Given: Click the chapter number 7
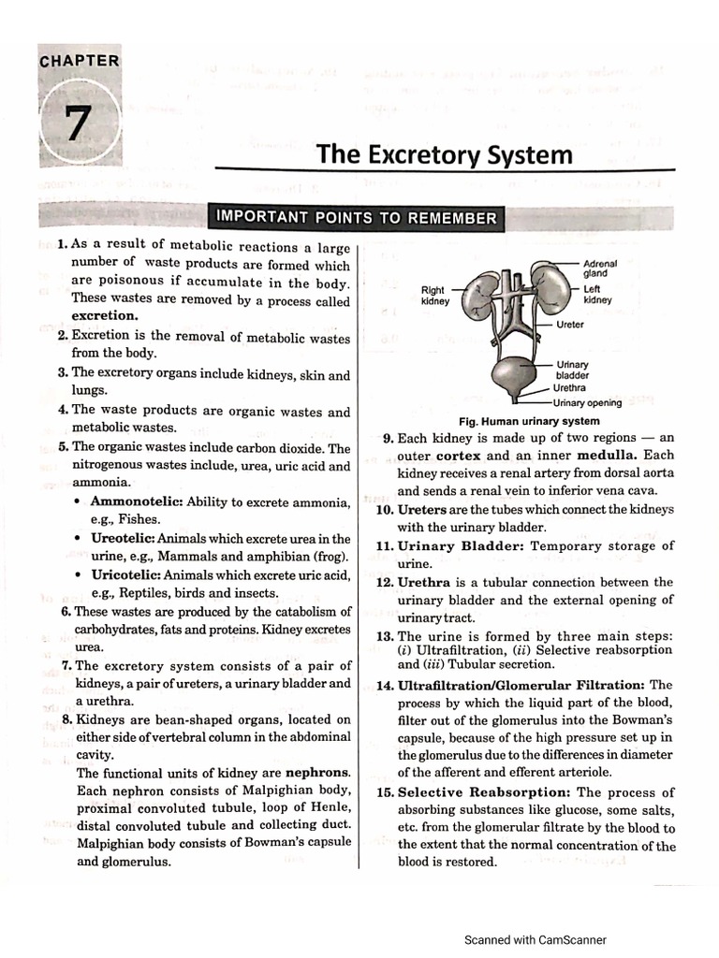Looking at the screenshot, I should [x=80, y=123].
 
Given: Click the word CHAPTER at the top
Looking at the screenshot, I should [x=80, y=62].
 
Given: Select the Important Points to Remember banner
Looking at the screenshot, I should [x=356, y=218].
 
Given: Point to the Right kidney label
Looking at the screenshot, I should [x=434, y=296].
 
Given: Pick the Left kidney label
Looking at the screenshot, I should [x=597, y=295].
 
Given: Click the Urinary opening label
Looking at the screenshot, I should [x=587, y=403].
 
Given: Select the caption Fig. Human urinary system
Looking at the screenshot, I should [x=529, y=421].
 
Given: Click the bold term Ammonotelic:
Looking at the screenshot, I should [x=136, y=502].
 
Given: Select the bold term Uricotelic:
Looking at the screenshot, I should [x=126, y=574].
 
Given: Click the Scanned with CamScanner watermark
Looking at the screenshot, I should [x=536, y=939].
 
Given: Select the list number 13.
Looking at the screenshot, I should [x=384, y=636].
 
